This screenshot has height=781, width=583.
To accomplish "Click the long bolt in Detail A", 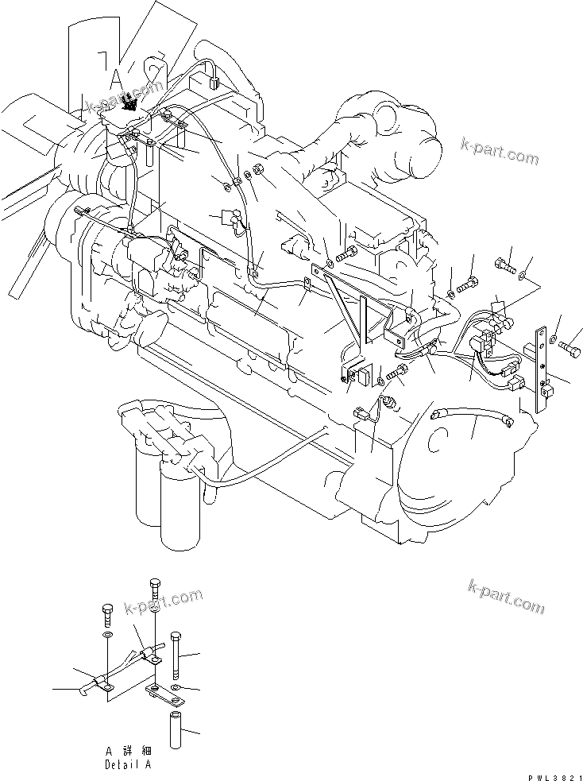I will (x=176, y=652).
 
